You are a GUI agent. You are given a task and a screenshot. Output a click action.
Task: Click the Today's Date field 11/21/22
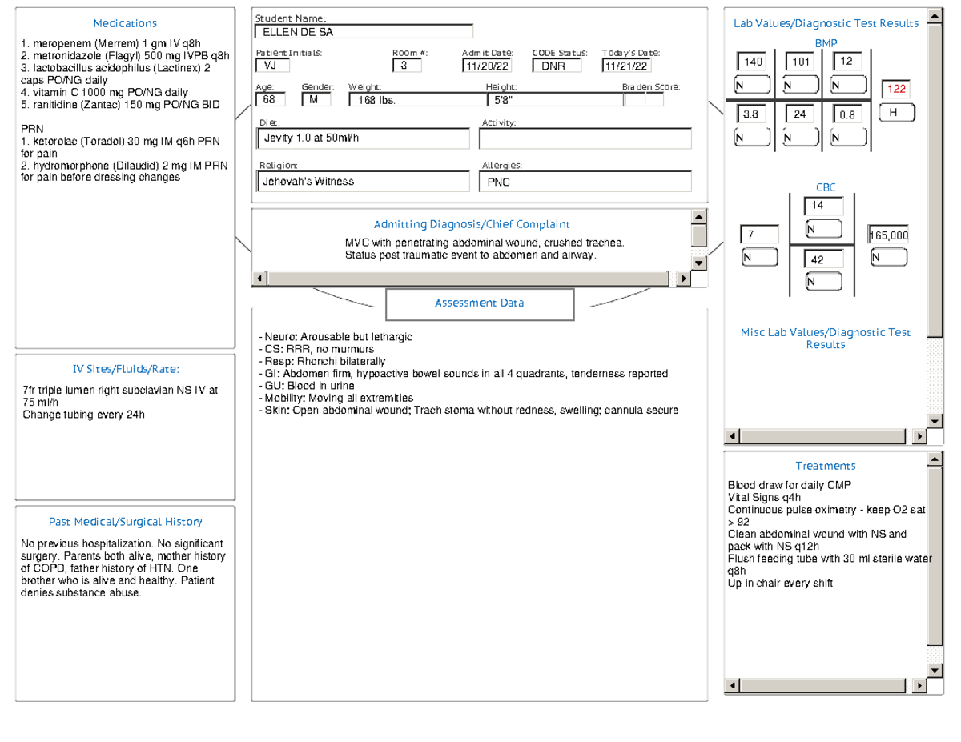coord(628,66)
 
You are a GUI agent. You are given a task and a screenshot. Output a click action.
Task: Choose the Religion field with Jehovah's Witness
coord(362,182)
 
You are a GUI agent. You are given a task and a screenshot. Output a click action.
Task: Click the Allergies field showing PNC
coord(585,182)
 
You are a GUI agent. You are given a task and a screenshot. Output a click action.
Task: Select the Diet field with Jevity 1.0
coord(362,138)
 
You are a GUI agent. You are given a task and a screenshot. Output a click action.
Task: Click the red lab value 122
coord(895,89)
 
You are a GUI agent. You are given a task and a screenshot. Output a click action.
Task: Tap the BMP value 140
coord(753,62)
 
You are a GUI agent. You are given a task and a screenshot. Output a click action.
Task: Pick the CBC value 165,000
coord(889,235)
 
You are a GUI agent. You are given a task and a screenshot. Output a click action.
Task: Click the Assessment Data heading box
coord(480,303)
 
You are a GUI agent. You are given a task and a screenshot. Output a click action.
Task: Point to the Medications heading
coord(125,23)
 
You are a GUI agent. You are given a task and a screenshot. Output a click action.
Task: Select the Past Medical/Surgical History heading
coord(125,522)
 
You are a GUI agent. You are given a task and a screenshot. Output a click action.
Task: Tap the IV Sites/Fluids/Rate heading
coord(125,369)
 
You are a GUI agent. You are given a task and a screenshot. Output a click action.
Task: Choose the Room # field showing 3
coord(406,66)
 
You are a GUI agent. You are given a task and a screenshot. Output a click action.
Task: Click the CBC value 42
coord(824,260)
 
